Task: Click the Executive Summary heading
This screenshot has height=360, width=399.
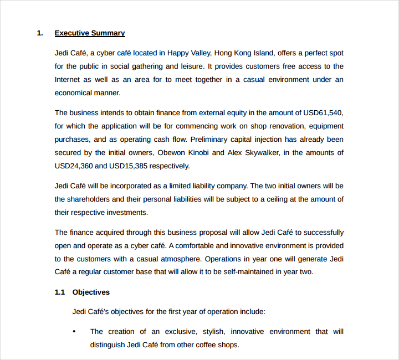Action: point(90,33)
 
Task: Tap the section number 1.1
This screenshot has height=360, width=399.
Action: point(60,292)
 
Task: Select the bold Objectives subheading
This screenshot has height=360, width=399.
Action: point(91,292)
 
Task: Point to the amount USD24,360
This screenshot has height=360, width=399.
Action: point(74,166)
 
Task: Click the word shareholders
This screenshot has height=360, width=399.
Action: point(91,199)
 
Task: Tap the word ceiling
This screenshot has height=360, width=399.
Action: point(277,199)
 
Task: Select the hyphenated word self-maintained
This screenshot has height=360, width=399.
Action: point(246,272)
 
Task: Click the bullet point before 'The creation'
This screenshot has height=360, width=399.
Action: point(74,332)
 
